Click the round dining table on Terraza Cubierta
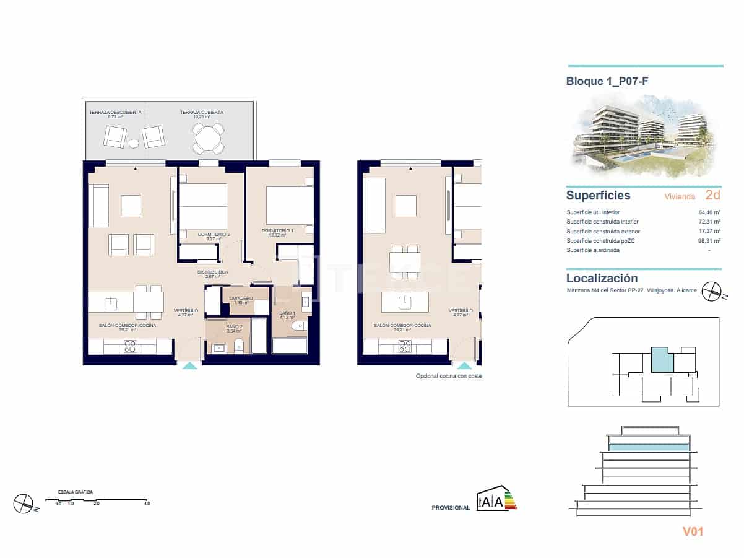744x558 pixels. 209,138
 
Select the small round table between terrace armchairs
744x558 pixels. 134,143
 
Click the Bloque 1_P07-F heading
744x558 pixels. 607,81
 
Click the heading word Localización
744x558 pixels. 602,279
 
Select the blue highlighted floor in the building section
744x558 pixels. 649,447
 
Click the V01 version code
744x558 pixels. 693,531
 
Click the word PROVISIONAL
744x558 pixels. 451,508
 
